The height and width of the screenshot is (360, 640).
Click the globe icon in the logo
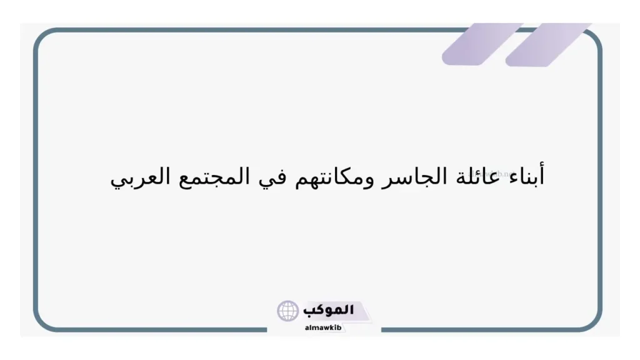(288, 311)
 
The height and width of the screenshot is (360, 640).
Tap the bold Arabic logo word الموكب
(329, 309)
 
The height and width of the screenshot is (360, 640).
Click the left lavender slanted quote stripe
(481, 44)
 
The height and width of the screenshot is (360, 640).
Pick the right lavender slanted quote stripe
(548, 44)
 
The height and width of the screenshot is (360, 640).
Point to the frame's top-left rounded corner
(42, 37)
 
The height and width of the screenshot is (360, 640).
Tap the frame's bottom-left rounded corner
(42, 322)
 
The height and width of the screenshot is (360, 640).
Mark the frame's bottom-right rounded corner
(594, 322)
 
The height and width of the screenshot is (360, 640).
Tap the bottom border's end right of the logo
(382, 329)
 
